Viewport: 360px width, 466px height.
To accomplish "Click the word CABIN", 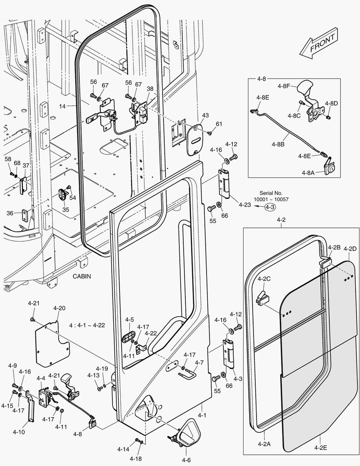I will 81,276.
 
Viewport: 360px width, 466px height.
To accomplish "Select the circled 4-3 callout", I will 270,207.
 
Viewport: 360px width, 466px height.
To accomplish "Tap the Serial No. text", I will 271,193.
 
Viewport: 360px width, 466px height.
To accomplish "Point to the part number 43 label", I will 205,115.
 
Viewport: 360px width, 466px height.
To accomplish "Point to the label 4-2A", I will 264,444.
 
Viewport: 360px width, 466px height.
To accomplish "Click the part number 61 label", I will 219,124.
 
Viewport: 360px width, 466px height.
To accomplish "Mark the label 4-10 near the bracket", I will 19,431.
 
